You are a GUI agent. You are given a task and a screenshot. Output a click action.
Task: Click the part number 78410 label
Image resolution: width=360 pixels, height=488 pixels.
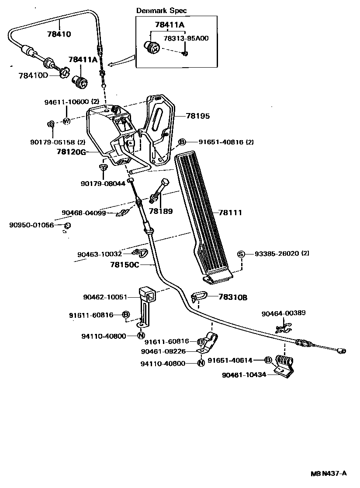[59, 34]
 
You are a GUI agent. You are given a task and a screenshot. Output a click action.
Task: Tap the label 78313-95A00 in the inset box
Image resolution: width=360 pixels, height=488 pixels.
[186, 38]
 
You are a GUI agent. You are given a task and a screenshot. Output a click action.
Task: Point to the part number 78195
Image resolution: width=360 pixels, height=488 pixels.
[197, 116]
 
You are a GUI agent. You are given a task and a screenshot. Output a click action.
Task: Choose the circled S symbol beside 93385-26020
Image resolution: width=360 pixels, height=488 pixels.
[240, 254]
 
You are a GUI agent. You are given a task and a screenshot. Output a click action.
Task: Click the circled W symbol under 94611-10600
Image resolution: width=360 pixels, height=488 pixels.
[67, 121]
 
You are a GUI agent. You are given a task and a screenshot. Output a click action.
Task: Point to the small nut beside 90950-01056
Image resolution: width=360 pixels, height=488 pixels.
[68, 225]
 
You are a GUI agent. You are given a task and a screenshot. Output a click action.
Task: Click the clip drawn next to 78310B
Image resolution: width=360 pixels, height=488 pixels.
[199, 297]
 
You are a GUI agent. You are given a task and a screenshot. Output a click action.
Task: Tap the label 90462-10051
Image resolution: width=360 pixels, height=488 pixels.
[105, 297]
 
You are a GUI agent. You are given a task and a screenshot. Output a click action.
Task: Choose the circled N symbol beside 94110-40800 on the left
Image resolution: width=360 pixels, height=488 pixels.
[141, 336]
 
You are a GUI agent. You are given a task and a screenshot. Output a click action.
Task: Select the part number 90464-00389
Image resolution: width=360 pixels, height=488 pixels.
[284, 313]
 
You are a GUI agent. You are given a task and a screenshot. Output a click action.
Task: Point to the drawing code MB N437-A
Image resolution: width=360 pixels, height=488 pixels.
[329, 473]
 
